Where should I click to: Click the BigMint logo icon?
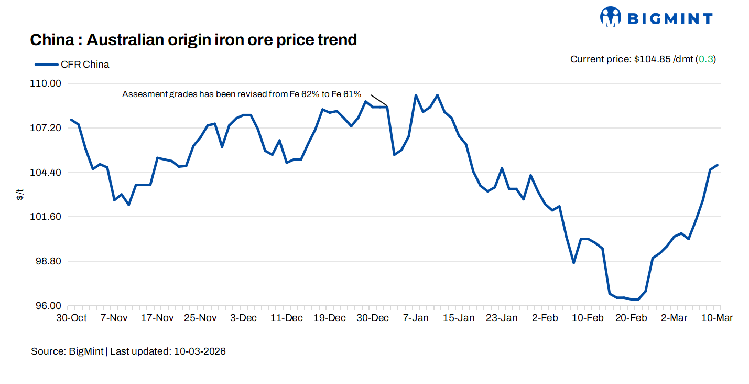point(610,17)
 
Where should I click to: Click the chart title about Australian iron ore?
point(193,39)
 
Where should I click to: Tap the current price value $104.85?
point(652,59)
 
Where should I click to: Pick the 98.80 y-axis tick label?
point(48,261)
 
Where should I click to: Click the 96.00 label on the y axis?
point(48,306)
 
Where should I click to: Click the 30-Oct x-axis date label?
point(71,318)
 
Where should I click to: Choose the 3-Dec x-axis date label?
point(244,318)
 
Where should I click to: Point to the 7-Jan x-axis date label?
point(416,318)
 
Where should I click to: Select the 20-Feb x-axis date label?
point(631,318)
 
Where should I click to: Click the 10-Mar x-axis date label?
point(717,318)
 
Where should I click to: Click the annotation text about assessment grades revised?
point(242,94)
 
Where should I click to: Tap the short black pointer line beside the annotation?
point(378,100)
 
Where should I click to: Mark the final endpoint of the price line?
point(717,165)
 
